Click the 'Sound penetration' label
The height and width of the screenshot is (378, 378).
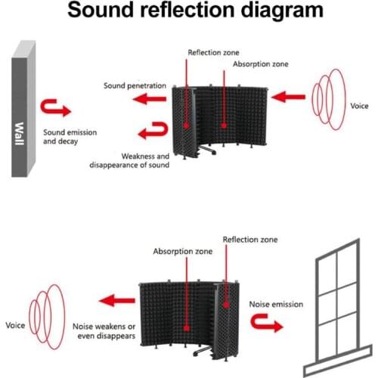click(135, 86)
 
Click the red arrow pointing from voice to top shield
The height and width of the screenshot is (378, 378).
click(287, 96)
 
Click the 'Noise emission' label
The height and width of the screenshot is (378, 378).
click(276, 304)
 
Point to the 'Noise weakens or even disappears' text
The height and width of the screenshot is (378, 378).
click(101, 330)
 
